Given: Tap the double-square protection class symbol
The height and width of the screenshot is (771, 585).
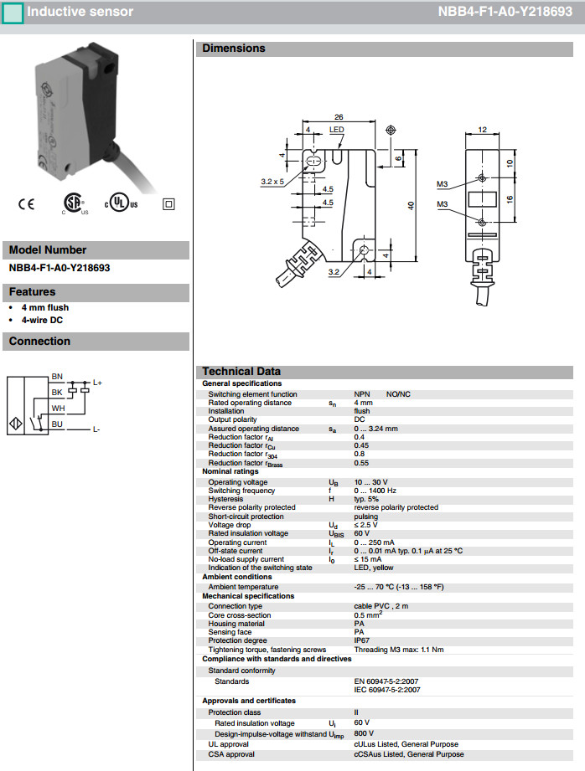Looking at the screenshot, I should (168, 203).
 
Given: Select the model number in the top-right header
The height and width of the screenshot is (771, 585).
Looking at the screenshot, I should (509, 13).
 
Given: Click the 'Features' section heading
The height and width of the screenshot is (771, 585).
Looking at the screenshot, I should (33, 292).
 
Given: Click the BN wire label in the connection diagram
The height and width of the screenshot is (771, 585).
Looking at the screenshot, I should (57, 377).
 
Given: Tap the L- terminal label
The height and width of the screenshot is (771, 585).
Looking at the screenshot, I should (96, 430).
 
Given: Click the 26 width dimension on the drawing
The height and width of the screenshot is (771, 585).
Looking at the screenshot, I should (338, 117).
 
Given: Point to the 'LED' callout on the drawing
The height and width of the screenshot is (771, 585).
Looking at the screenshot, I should (336, 131).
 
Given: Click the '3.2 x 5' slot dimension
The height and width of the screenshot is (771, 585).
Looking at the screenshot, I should (272, 181).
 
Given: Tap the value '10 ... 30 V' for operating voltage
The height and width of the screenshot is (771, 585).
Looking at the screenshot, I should (372, 482).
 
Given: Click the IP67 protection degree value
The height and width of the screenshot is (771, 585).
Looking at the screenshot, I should (362, 640).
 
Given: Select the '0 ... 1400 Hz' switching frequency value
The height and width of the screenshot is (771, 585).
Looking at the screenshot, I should (376, 491).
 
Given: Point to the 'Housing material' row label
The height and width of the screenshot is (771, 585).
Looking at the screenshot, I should (237, 624).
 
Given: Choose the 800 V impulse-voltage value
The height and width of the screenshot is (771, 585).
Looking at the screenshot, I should (365, 733).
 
